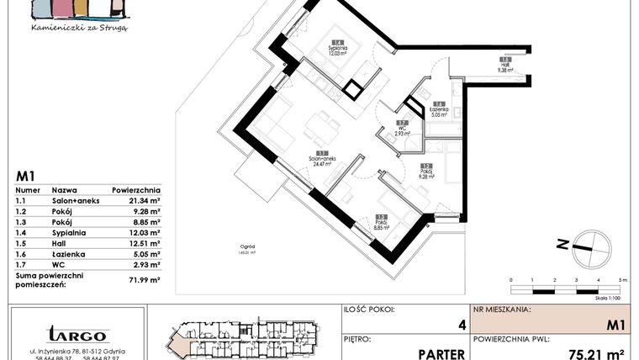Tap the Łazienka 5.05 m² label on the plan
coord(439,109)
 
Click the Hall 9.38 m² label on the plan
coord(505,66)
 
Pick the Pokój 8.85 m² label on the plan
coord(382,223)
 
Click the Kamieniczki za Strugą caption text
coord(78,27)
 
